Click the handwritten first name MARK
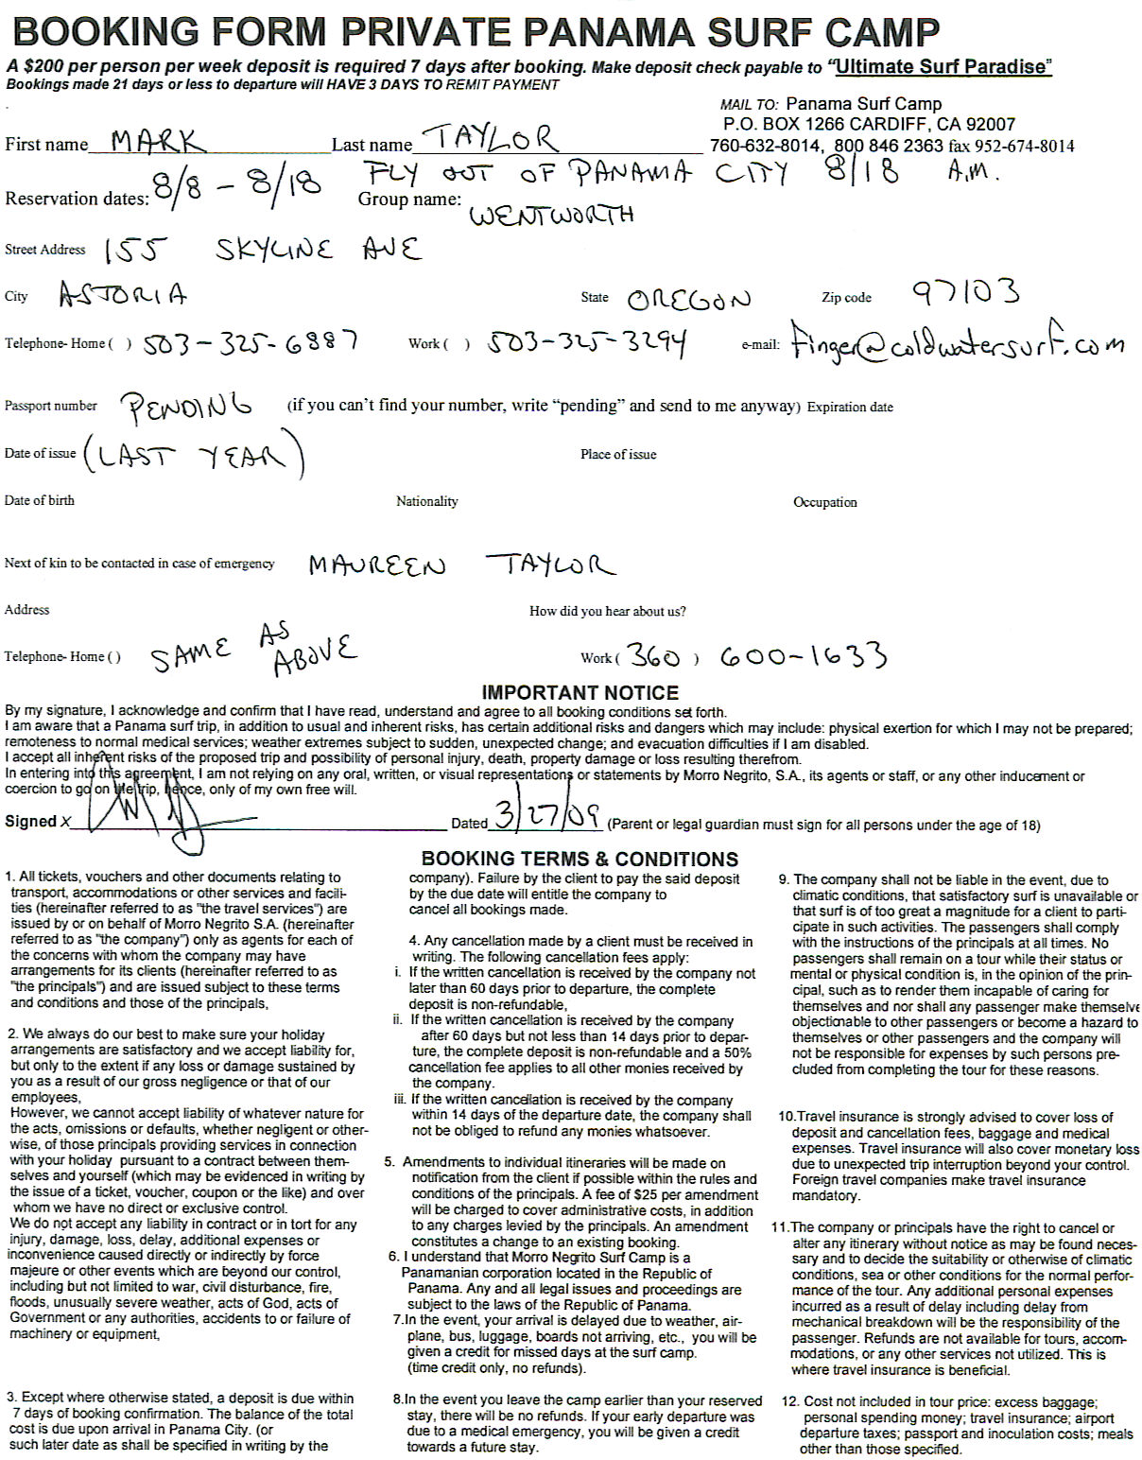pos(157,142)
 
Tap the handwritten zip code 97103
pos(966,292)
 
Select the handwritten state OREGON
pos(688,301)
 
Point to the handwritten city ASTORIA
pos(123,295)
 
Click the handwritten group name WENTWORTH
pos(551,216)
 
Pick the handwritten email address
pos(959,341)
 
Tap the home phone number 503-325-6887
pos(251,341)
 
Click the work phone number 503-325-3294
pos(587,342)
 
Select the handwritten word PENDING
pos(186,407)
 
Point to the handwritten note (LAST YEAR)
pos(194,456)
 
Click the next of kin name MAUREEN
pos(376,565)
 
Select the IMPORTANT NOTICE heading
pos(580,692)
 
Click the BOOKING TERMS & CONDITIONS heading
pos(580,859)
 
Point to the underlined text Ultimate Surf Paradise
pos(942,66)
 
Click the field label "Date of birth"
pos(40,500)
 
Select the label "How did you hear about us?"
pos(608,611)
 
